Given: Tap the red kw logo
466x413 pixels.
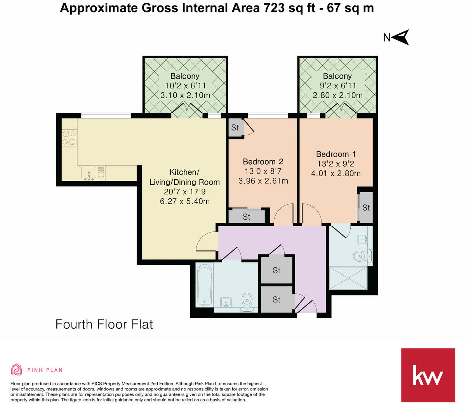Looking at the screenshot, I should coord(428,375).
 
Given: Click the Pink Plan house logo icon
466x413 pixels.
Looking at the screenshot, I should coord(16,370).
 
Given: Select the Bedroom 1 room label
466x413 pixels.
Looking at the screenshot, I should coord(336,154).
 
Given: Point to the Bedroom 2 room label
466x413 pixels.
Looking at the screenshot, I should coord(263,161).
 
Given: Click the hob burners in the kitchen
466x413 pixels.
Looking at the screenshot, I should coord(70,137).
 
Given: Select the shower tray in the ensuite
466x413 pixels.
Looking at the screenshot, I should coord(348,278).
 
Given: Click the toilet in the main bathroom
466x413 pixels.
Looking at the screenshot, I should coord(247,303).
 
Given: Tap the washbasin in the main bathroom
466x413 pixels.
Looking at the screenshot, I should coord(226,302).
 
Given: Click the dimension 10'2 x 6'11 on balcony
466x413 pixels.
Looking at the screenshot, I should coord(185,86).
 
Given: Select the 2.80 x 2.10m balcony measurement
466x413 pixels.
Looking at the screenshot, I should coord(337,95).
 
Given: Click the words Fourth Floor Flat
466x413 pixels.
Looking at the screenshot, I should coord(104,324).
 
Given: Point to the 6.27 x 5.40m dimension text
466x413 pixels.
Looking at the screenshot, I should coord(185,201).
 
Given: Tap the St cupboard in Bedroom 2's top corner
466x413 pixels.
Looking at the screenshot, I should coord(235,128).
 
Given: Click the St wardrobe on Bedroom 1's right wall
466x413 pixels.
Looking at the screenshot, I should coord(366,208).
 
